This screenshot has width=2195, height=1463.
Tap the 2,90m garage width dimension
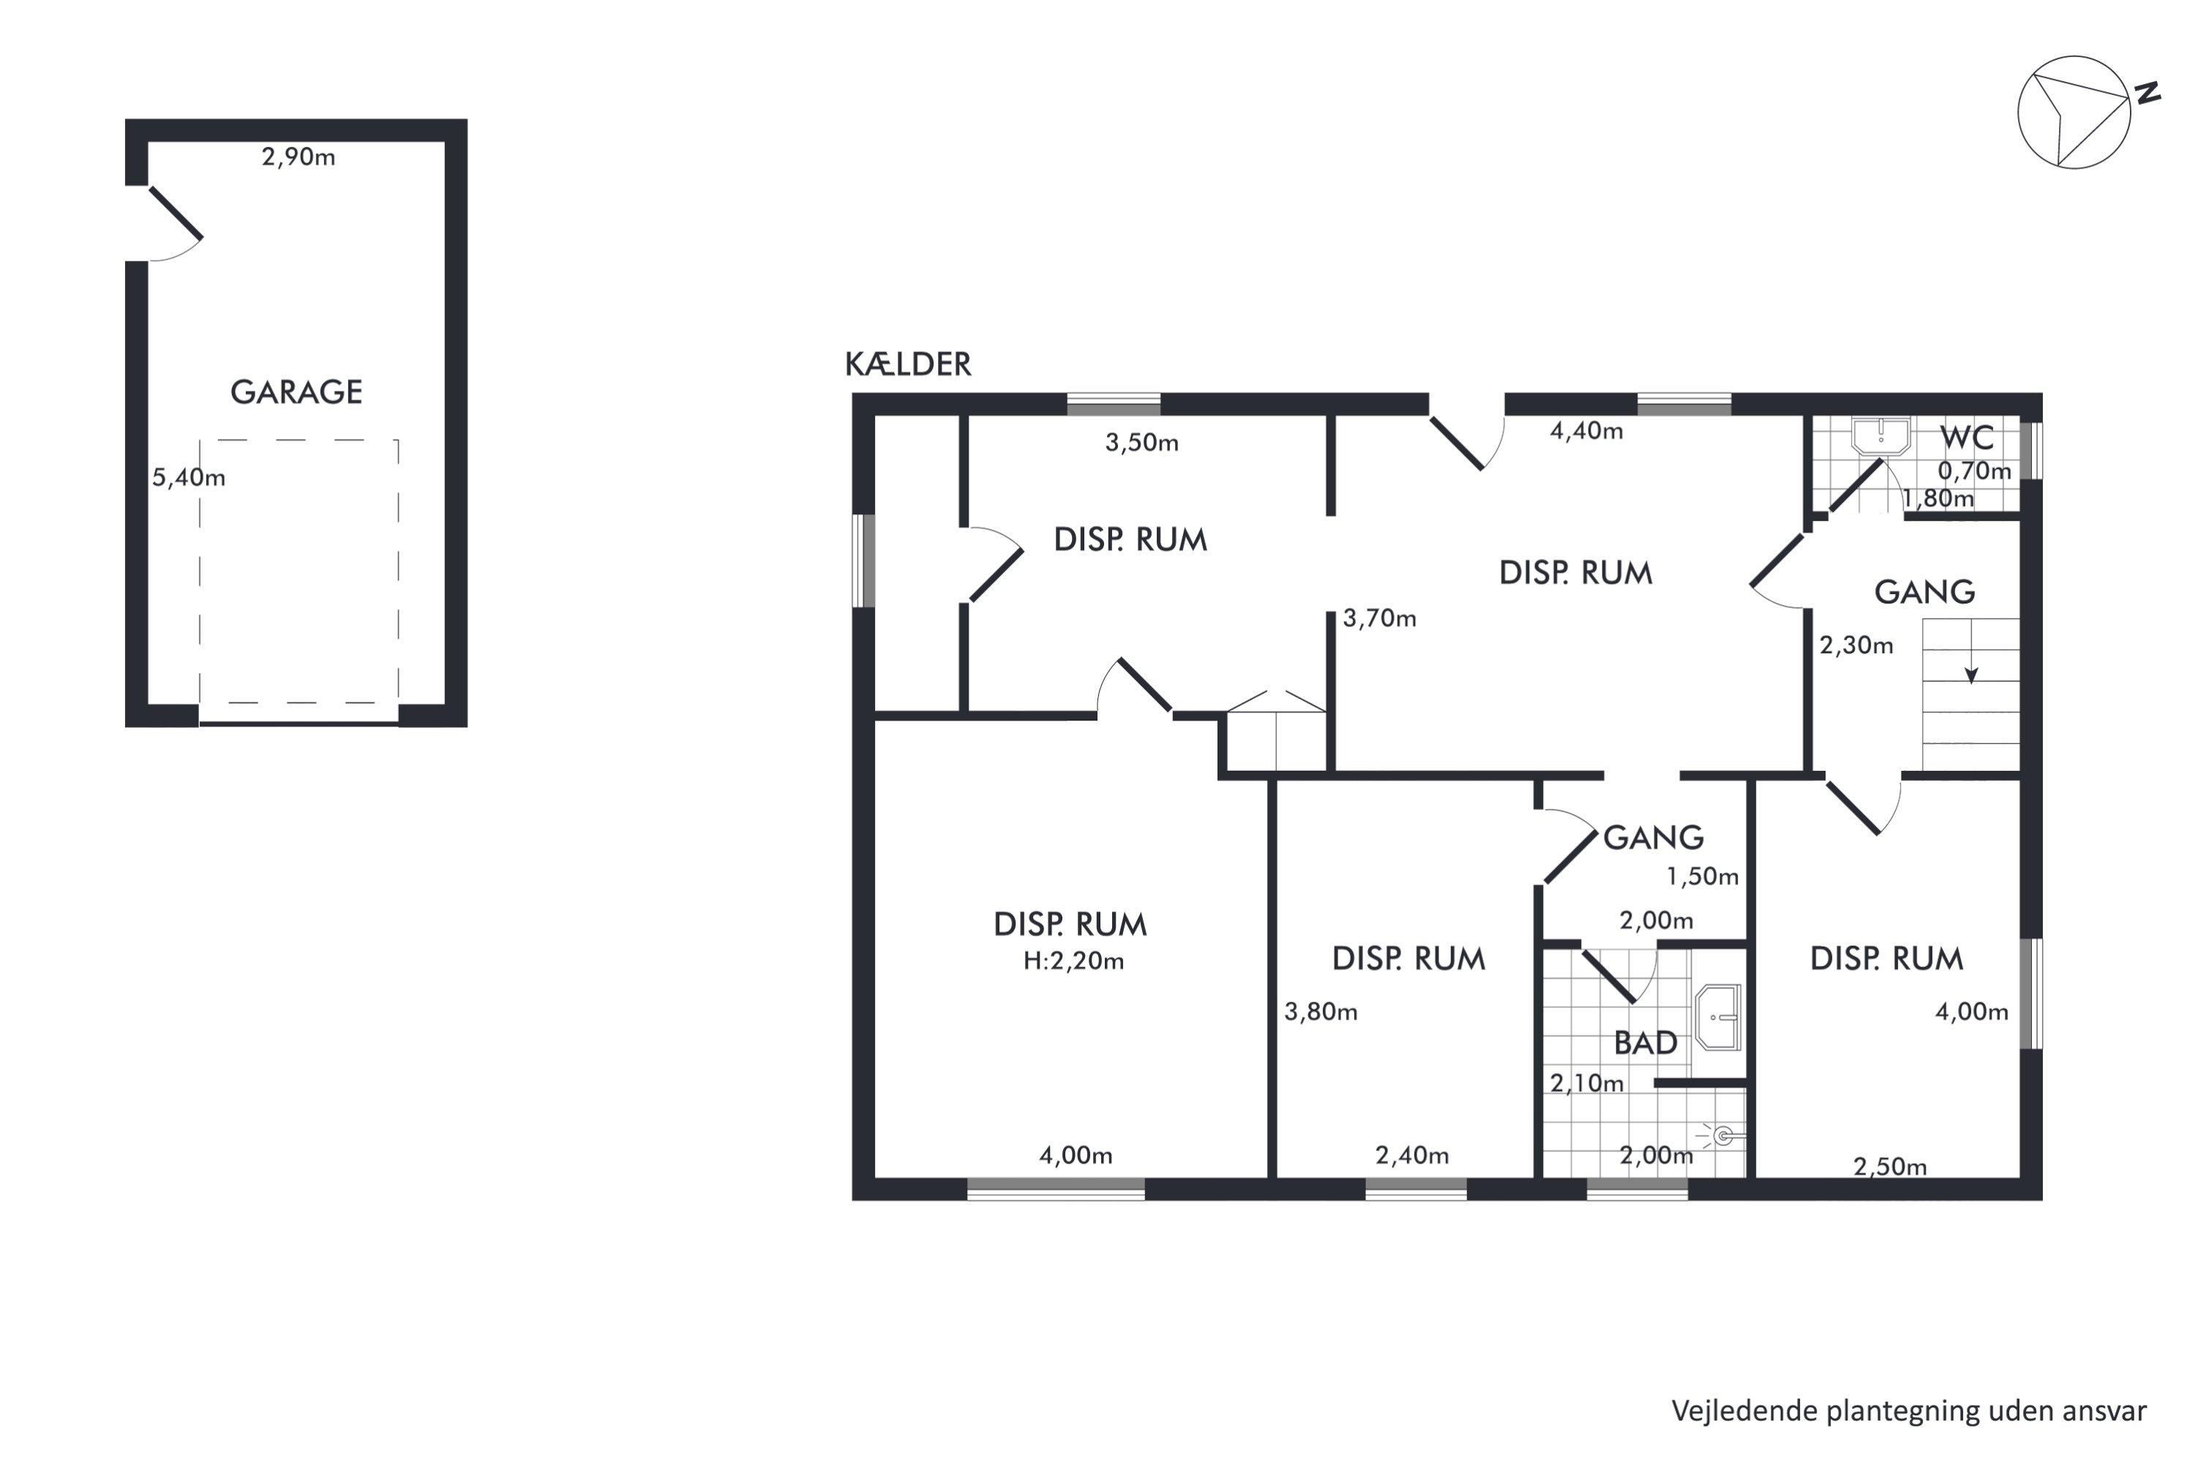click(298, 157)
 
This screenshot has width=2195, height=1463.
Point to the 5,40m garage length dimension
click(189, 478)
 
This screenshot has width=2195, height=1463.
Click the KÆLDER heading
click(908, 364)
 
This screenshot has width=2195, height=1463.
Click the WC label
click(1967, 437)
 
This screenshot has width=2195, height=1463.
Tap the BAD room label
click(1646, 1043)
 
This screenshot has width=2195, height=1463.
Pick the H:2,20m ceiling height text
click(1073, 961)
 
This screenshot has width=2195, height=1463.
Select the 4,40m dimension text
click(1586, 431)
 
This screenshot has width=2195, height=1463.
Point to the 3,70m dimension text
click(1379, 617)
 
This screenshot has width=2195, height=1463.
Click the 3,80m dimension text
click(1321, 1012)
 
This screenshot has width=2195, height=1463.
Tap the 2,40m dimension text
click(1412, 1155)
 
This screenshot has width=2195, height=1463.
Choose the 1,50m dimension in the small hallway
click(1703, 876)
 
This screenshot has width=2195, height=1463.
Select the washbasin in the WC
click(1880, 437)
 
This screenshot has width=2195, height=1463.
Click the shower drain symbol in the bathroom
click(1724, 1135)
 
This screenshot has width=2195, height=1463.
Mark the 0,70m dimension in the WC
click(1974, 470)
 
